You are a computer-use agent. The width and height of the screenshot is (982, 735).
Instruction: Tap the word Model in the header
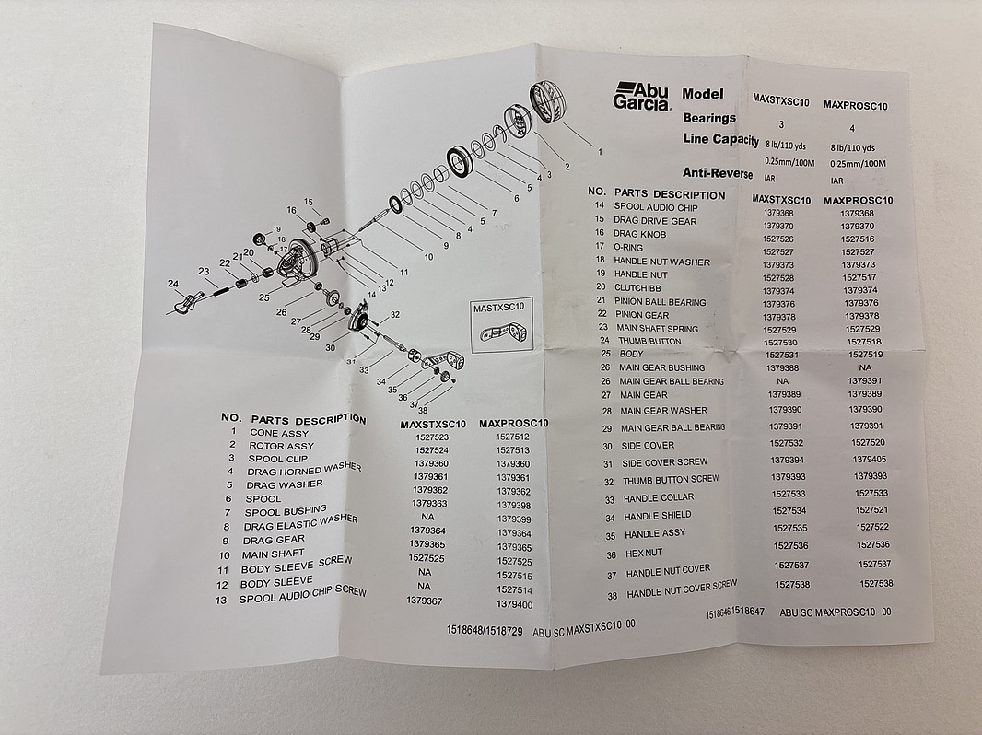703,93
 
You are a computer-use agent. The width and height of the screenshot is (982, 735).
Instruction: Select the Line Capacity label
721,139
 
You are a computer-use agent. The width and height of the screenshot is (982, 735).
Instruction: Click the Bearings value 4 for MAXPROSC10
850,127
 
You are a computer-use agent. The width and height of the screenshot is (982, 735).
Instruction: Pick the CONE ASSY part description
279,432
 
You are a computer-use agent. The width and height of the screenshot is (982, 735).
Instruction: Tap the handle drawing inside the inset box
508,332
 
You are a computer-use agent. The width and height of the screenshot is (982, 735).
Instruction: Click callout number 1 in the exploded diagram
600,150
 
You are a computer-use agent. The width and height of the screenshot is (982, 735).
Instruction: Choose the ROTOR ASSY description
282,446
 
